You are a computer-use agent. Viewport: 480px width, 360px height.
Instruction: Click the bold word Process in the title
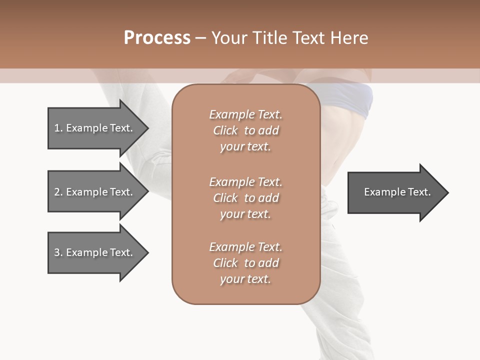click(157, 37)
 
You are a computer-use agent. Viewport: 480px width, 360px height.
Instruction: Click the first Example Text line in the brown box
click(245, 114)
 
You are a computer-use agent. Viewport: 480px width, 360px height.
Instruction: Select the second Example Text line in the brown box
click(245, 182)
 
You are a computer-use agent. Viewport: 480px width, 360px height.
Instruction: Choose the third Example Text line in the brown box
click(245, 247)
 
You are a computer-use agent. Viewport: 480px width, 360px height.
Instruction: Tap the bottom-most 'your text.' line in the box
click(245, 279)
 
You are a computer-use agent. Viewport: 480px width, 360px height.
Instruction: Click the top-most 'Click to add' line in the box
click(245, 130)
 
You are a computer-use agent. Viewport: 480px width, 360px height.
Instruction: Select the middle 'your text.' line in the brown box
click(245, 214)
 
